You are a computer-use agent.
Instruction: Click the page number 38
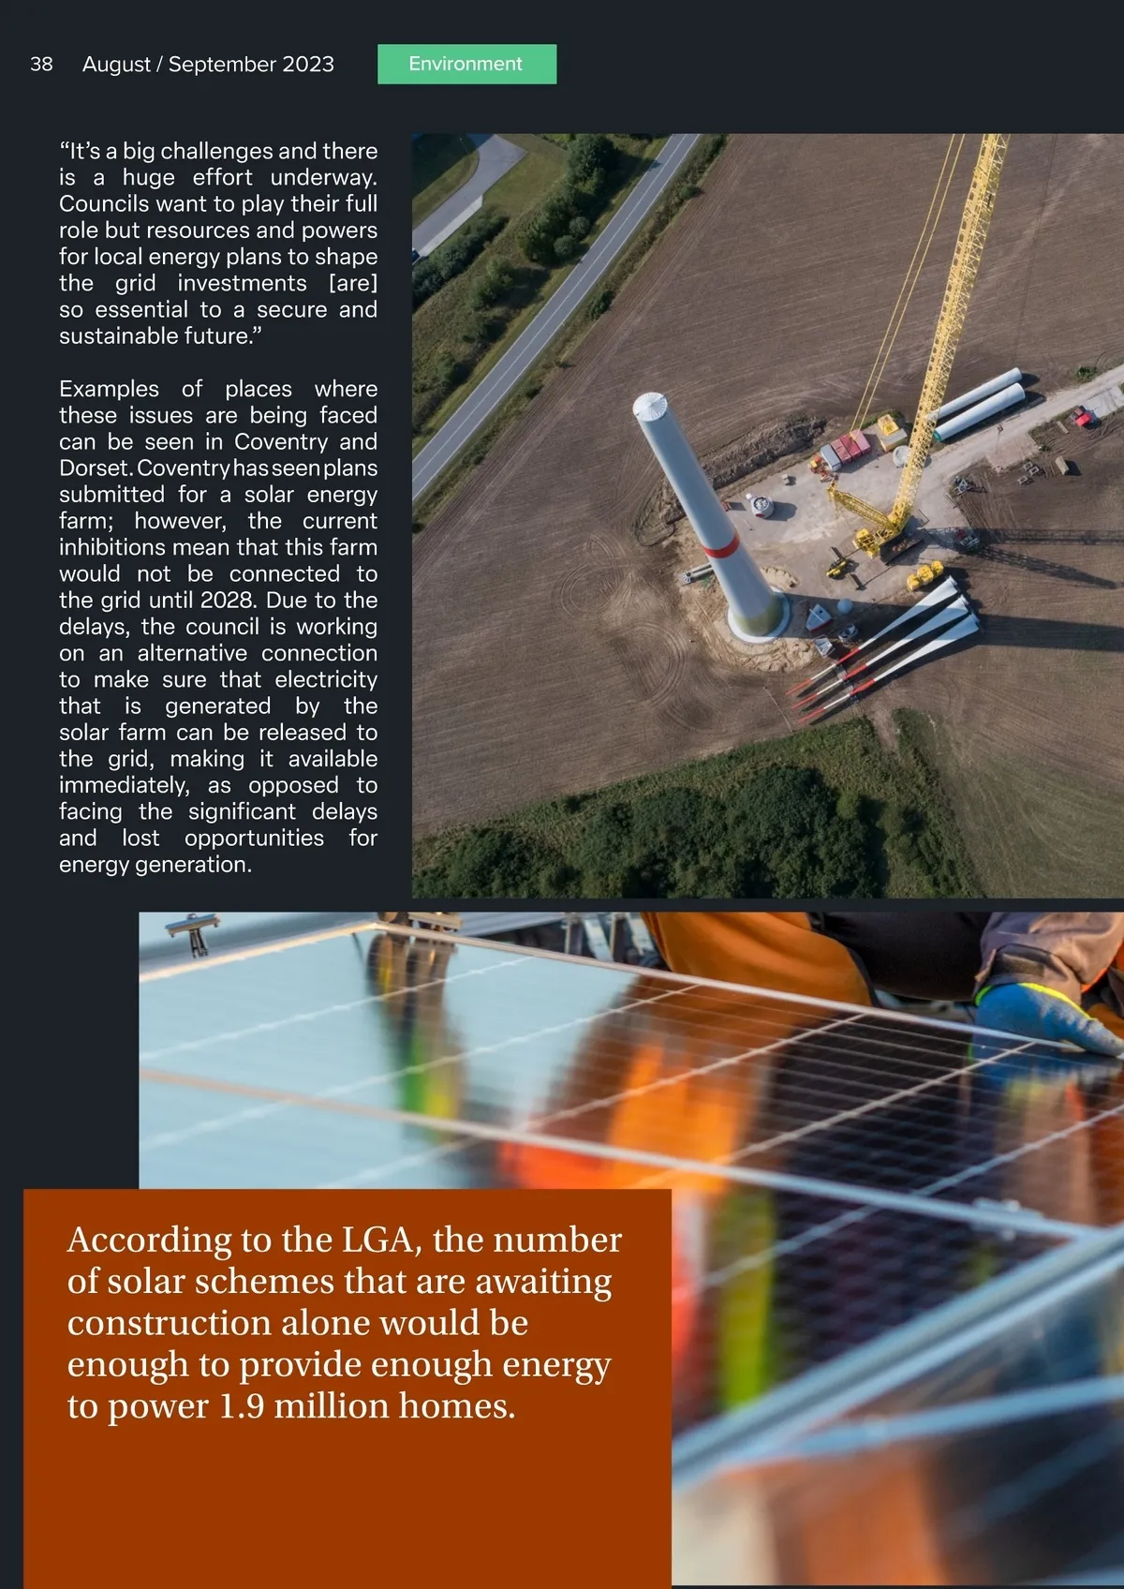pyautogui.click(x=41, y=64)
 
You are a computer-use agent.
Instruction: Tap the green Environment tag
pyautogui.click(x=466, y=64)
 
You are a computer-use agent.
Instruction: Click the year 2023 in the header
pyautogui.click(x=308, y=64)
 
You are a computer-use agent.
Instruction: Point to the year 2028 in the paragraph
pyautogui.click(x=227, y=600)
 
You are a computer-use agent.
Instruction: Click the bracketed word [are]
pyautogui.click(x=352, y=283)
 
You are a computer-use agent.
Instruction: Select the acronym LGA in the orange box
pyautogui.click(x=377, y=1239)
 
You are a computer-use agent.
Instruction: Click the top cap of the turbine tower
pyautogui.click(x=650, y=406)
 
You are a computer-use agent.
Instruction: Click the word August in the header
pyautogui.click(x=116, y=64)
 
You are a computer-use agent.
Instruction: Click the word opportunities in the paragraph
pyautogui.click(x=254, y=838)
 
